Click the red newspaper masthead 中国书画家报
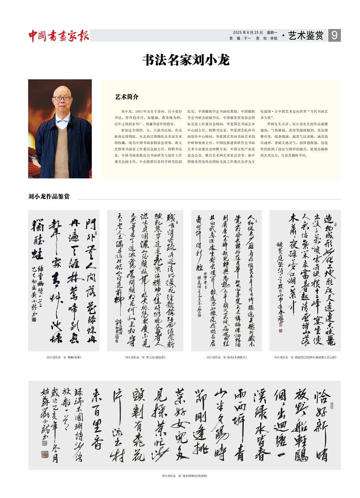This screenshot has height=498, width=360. point(59,36)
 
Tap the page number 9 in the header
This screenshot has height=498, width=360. point(334,35)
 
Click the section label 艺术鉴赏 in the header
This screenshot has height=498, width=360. point(306,35)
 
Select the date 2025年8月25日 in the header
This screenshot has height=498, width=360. point(248,32)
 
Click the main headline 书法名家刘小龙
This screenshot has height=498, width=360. point(186,60)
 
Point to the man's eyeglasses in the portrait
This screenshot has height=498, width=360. point(62,98)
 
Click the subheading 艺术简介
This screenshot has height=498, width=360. point(127,97)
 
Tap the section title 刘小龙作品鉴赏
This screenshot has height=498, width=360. point(49,196)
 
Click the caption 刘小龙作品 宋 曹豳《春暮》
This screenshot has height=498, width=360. point(64,357)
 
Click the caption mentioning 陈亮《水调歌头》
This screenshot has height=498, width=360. point(227,357)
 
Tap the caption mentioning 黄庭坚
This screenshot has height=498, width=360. point(305,357)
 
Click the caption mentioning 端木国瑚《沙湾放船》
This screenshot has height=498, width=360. point(185,476)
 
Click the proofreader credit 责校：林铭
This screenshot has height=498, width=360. point(266,38)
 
